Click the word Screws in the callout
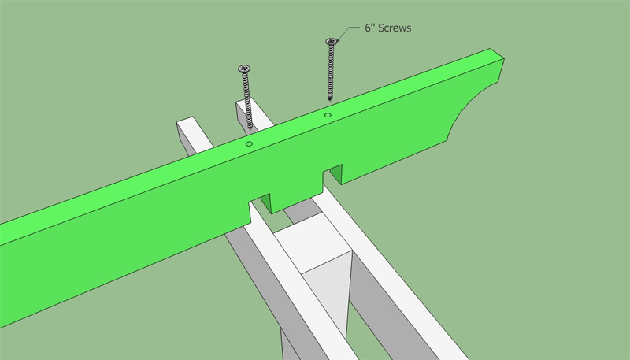pos(395,28)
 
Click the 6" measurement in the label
pos(370,28)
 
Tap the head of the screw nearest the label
pos(331,42)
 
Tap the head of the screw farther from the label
pos(244,69)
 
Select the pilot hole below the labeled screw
pos(328,115)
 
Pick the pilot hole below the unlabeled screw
pos(249,143)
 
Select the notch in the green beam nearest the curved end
pos(332,176)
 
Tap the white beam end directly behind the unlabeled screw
pos(244,111)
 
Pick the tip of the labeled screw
pos(330,99)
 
